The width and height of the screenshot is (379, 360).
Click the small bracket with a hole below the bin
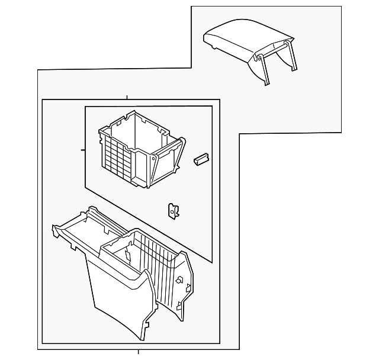pyautogui.click(x=174, y=210)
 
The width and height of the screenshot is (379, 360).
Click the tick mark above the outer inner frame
pyautogui.click(x=127, y=97)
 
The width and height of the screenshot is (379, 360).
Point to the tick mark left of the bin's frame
pyautogui.click(x=83, y=150)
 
